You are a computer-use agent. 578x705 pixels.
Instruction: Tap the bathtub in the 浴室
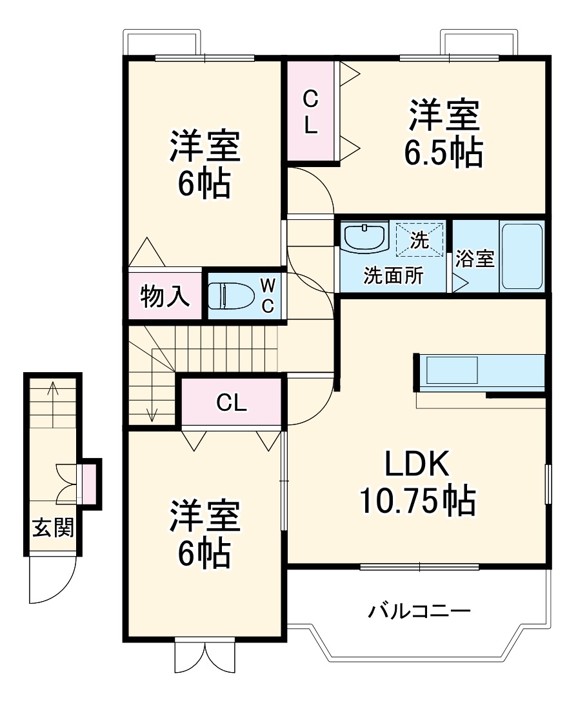pos(522,256)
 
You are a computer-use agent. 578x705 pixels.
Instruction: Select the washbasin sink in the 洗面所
pos(365,237)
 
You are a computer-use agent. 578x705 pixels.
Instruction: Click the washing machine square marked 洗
pos(419,239)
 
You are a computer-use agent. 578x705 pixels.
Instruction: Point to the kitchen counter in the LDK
pos(481,373)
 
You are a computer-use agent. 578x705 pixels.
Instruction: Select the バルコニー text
pos(419,610)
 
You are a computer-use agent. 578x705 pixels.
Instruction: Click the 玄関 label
pos(54,527)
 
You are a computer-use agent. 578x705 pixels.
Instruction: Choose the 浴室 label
pos(475,259)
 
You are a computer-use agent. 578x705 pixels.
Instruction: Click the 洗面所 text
pos(393,275)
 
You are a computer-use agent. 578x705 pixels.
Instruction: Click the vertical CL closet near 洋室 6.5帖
pos(311,112)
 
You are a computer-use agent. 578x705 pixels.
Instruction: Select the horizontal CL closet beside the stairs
pos(232,403)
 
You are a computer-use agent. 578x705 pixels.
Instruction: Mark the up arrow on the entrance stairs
pos(54,390)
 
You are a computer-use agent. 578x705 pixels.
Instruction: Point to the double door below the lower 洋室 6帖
pos(204,657)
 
